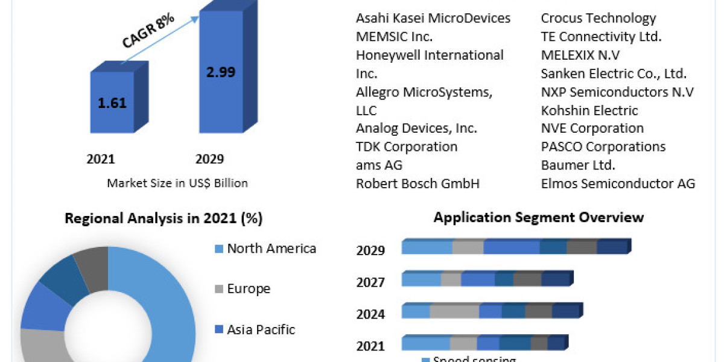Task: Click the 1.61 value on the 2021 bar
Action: point(112,103)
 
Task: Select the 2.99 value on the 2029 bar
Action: point(220,72)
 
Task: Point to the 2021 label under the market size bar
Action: point(101,159)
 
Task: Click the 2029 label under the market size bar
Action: point(209,159)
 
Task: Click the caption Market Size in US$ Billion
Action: point(177,183)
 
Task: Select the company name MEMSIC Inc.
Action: point(394,37)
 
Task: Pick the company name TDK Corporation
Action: point(407,147)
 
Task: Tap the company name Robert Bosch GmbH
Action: point(418,183)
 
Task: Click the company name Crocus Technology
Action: point(599,18)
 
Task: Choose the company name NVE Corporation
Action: point(592,128)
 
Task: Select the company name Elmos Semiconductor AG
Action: point(618,183)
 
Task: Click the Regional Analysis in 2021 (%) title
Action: point(164,218)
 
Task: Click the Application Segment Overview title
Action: point(539,217)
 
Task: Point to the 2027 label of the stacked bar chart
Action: point(370,282)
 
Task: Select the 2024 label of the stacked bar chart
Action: point(370,314)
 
